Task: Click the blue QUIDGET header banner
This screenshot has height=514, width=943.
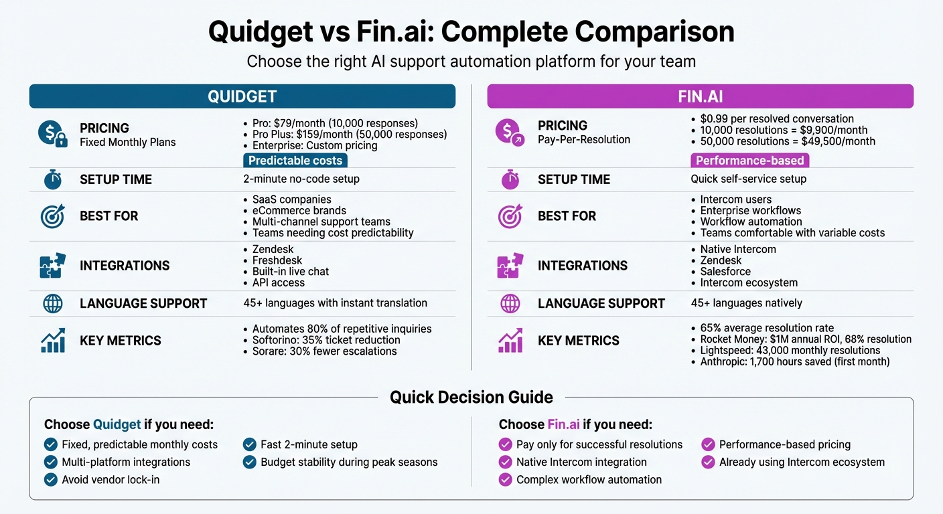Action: (242, 96)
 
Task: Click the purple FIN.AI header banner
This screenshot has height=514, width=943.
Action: (700, 96)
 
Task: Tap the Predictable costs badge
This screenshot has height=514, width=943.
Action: (295, 161)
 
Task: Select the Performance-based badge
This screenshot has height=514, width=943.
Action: (749, 161)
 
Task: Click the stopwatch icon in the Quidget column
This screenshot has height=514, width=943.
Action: (52, 179)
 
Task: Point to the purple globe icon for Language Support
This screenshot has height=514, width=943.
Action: (510, 303)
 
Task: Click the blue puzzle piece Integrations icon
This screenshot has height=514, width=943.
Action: (53, 266)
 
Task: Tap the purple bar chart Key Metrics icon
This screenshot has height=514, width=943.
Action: (510, 341)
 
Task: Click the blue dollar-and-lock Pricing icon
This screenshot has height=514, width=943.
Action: (53, 133)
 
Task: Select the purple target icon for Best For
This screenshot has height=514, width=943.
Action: (510, 216)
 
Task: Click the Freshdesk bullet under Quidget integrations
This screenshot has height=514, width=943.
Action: (277, 260)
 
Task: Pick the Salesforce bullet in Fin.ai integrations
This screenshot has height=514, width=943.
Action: (725, 272)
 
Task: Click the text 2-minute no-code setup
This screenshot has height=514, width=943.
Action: (301, 179)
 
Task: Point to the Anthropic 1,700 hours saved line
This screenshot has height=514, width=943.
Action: (794, 362)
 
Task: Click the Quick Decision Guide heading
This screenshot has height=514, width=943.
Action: (472, 397)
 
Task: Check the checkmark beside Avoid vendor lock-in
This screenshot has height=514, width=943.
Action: (50, 479)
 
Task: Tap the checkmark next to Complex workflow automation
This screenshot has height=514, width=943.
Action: (506, 479)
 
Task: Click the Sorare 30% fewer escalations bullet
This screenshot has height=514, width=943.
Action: (324, 351)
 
